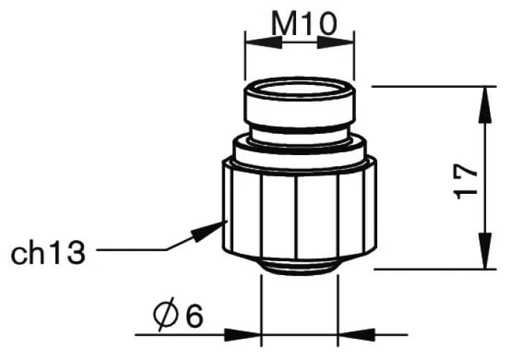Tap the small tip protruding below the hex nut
click(x=300, y=264)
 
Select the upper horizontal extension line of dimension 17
click(x=431, y=86)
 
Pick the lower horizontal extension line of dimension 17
click(x=431, y=269)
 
